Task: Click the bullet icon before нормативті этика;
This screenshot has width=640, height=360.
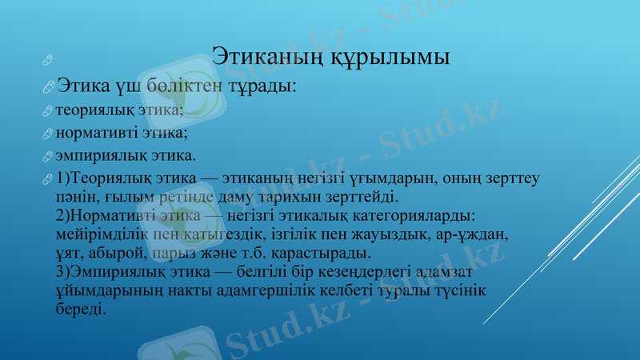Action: tap(50, 134)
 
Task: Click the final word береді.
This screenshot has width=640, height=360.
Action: tap(81, 310)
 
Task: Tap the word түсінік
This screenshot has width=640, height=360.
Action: tap(464, 291)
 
